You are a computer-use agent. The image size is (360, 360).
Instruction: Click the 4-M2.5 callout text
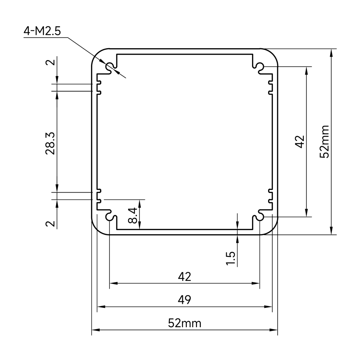pos(42,31)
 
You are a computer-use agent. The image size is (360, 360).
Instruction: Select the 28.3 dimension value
pos(50,143)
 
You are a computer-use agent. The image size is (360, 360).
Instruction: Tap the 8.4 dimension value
pos(133,215)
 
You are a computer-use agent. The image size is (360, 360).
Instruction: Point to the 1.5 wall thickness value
pos(231,258)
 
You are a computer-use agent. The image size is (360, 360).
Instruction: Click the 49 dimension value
pos(184,300)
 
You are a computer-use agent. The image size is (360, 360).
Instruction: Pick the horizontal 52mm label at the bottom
pos(185,323)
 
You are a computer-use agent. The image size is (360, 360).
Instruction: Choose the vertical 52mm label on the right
pos(324,141)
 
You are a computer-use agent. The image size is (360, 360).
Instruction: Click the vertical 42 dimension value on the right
pos(300,141)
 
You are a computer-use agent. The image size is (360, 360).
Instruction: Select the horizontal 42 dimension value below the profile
pos(184,276)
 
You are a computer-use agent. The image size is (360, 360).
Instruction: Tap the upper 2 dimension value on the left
pos(50,62)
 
